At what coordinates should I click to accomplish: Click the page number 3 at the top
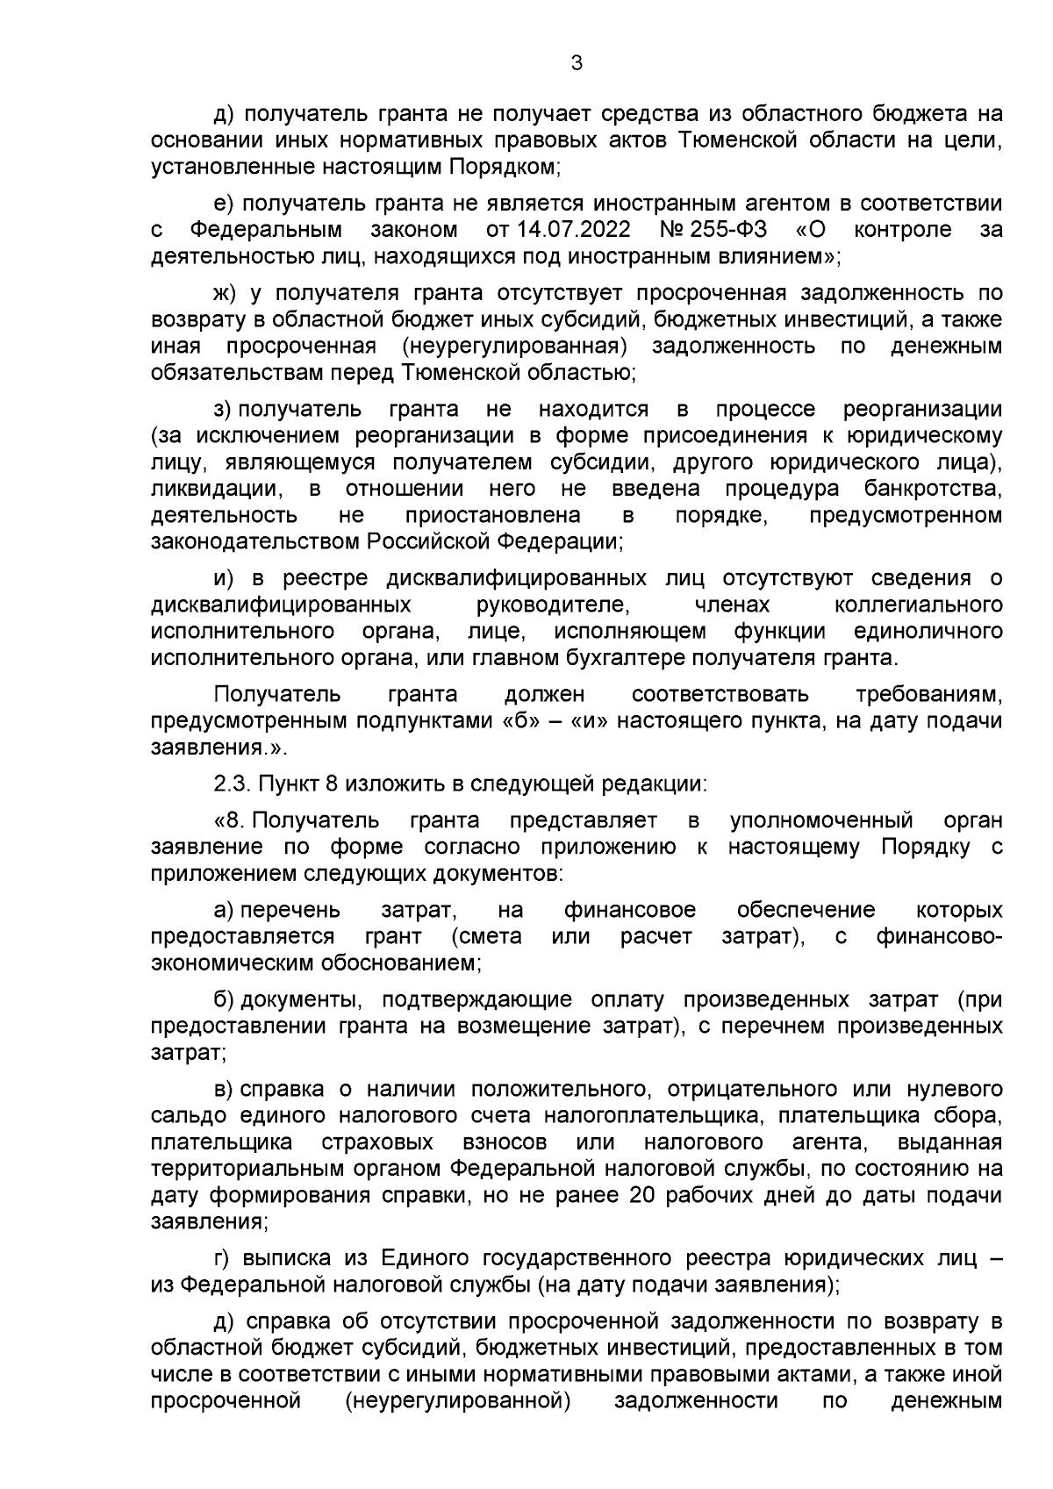[x=576, y=63]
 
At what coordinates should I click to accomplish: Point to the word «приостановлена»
[x=492, y=514]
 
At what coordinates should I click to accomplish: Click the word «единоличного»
[x=928, y=631]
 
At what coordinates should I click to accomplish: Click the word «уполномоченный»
[x=821, y=820]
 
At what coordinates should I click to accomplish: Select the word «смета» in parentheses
[x=487, y=936]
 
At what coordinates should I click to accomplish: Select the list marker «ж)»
[x=226, y=293]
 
